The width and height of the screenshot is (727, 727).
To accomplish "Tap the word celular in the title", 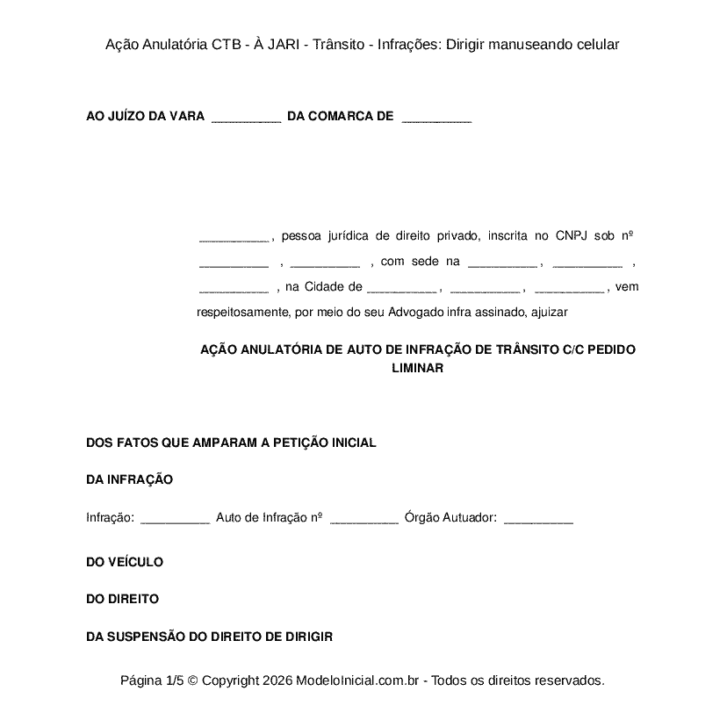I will (x=596, y=44).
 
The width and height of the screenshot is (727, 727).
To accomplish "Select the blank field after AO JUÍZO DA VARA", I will (x=246, y=117).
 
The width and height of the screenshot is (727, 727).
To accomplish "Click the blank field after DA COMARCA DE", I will (x=436, y=117).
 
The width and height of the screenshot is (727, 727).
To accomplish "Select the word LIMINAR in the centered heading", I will (x=417, y=369).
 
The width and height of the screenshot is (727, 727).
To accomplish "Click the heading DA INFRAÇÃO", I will (x=129, y=479).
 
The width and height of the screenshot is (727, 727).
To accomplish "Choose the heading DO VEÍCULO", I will (x=125, y=562).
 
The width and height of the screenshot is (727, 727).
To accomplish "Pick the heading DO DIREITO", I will (x=122, y=599).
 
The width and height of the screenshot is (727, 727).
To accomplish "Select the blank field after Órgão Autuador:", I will (x=538, y=519).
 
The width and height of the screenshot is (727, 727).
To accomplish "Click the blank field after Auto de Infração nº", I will (x=363, y=519).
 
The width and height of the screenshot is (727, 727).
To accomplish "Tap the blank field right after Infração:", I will (x=175, y=519).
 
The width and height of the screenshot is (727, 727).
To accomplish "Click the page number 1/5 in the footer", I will (x=175, y=680).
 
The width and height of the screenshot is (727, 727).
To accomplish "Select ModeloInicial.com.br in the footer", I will (x=359, y=680).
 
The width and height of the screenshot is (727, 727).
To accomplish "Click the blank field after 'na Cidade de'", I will (x=400, y=287).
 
